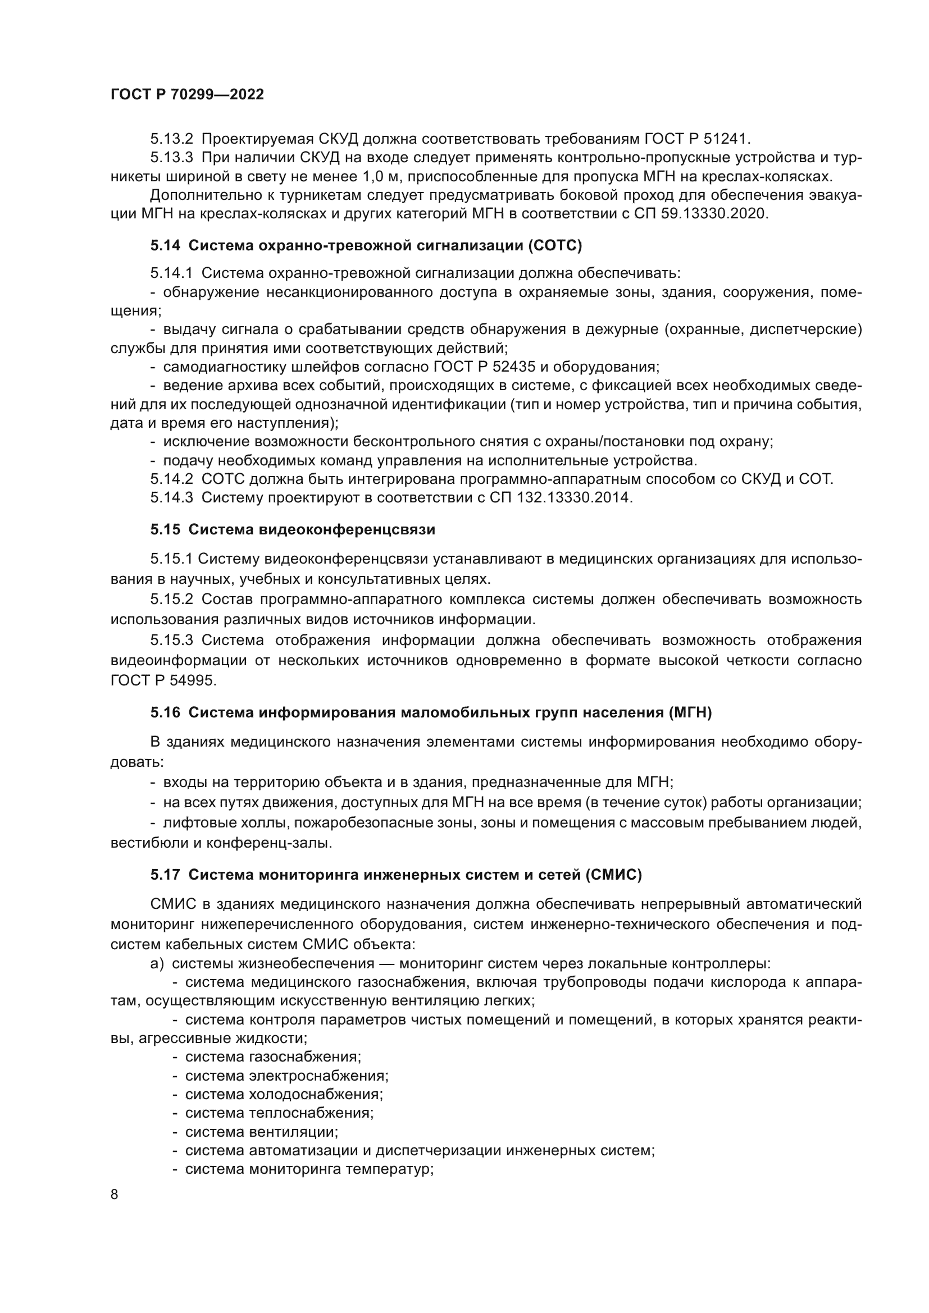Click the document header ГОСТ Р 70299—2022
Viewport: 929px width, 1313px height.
pos(187,95)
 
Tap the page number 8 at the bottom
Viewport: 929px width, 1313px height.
pos(115,1195)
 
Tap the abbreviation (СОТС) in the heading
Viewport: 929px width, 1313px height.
pos(555,246)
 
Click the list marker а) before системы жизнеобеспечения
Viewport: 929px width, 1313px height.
pos(157,964)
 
